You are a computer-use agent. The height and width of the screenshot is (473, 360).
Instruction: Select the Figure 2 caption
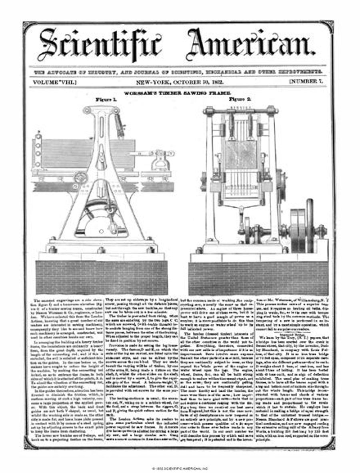click(x=240, y=98)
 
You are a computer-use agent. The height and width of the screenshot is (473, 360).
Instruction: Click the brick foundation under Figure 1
click(x=102, y=277)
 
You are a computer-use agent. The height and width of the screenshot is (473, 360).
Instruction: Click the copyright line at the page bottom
click(x=180, y=467)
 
